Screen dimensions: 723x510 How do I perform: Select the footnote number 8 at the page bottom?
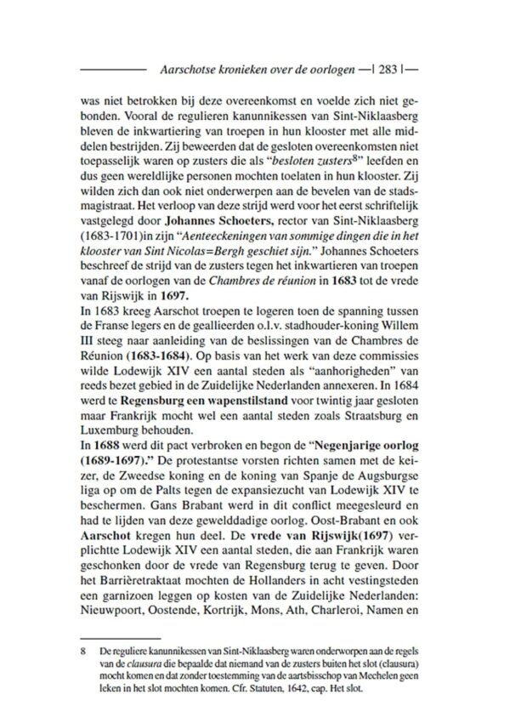[x=83, y=649]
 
